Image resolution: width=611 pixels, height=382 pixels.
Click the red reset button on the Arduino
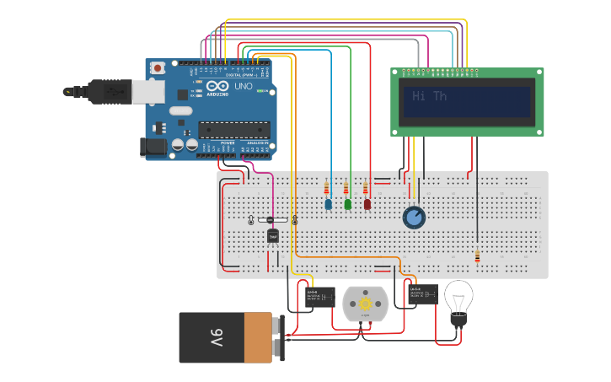click(x=158, y=67)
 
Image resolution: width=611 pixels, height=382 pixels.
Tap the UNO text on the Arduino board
click(x=243, y=86)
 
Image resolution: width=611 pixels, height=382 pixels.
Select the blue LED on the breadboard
click(x=328, y=204)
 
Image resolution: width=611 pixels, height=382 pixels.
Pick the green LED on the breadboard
click(x=347, y=204)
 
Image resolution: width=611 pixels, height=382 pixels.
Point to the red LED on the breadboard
click(x=367, y=204)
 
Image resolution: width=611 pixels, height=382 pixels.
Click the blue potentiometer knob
click(x=414, y=218)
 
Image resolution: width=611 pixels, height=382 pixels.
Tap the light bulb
click(x=458, y=300)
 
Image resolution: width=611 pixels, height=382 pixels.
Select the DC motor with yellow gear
click(x=365, y=304)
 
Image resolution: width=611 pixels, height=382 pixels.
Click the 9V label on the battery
click(x=217, y=338)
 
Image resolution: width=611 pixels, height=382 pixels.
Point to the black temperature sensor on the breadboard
click(x=273, y=235)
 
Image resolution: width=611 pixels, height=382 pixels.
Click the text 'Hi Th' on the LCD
click(x=430, y=96)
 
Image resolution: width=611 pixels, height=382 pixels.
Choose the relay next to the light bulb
click(x=421, y=295)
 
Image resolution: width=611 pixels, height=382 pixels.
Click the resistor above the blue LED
click(x=327, y=187)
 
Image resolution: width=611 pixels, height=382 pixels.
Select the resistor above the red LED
click(x=366, y=188)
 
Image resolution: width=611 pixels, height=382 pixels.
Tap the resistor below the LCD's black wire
click(x=477, y=256)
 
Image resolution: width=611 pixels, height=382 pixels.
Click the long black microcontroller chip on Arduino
click(x=234, y=130)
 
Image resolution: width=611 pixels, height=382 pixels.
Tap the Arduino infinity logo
click(x=216, y=87)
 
